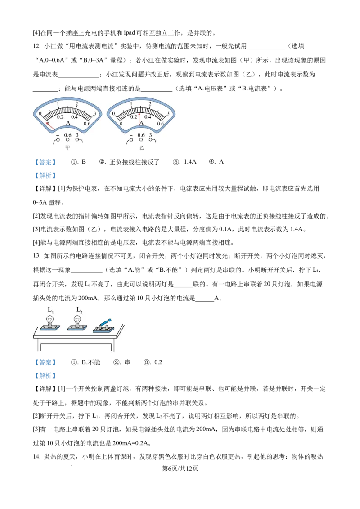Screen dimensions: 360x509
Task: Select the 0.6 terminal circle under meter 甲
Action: [67, 140]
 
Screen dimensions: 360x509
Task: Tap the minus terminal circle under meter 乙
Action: [131, 140]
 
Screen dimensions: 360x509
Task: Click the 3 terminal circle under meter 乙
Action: [150, 140]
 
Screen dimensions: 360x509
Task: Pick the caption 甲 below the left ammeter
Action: [67, 147]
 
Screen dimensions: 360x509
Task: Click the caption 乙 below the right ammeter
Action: [141, 147]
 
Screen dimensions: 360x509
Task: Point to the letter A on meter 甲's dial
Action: [68, 123]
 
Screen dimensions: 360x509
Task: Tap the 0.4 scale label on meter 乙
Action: [148, 117]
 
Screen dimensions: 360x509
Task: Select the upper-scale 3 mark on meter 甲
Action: [95, 114]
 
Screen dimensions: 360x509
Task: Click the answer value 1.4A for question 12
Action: [190, 162]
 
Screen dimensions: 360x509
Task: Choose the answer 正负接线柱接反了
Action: [135, 162]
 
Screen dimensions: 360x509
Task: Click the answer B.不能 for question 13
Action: [91, 362]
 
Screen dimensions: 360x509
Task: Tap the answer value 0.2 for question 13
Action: [158, 362]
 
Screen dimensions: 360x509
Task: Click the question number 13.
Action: [37, 256]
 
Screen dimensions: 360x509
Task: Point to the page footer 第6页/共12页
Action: [180, 469]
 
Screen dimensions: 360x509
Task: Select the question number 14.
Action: [37, 457]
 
